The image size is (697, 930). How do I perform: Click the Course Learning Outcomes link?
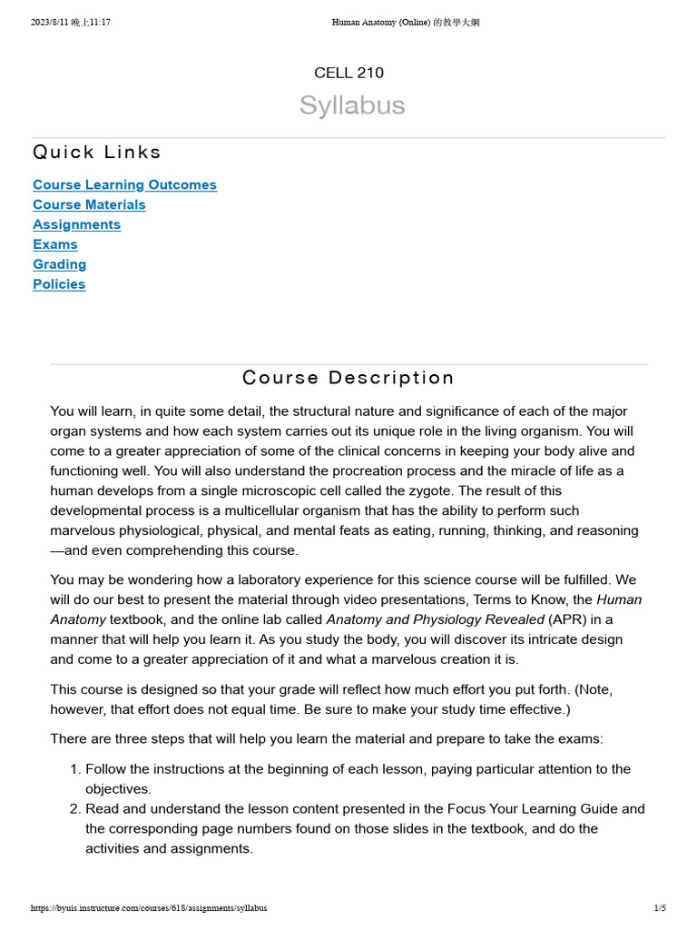tap(124, 184)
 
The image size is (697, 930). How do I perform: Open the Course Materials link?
tap(89, 204)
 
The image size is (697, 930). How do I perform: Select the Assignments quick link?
tap(76, 224)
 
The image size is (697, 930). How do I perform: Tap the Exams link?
tap(55, 244)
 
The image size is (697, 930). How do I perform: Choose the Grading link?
tap(60, 264)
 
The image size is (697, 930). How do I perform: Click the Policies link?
tap(59, 284)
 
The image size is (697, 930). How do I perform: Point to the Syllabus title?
tap(352, 105)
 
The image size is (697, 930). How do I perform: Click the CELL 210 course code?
tap(348, 73)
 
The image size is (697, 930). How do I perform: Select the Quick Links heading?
tap(97, 152)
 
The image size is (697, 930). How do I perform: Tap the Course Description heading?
tap(348, 378)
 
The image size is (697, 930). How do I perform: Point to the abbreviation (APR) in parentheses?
tap(569, 619)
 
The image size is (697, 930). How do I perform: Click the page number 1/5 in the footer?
tap(660, 908)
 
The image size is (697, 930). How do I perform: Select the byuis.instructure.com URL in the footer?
tap(149, 908)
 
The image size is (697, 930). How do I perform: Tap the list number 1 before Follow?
tap(74, 769)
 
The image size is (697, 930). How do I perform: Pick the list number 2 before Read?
tap(74, 809)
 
